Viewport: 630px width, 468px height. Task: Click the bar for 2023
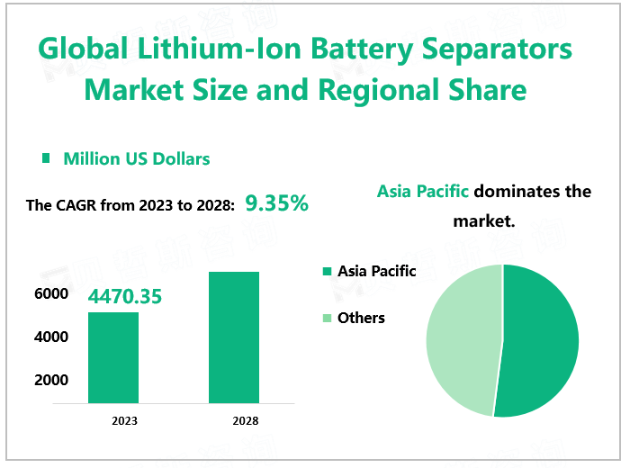pos(112,357)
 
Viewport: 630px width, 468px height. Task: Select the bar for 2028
pos(233,337)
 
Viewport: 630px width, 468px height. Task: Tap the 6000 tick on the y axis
pos(51,293)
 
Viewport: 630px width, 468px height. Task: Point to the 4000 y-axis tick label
pos(51,337)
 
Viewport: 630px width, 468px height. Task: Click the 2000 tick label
pos(51,380)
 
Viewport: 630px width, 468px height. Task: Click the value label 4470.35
pos(124,295)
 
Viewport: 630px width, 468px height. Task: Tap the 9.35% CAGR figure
pos(277,203)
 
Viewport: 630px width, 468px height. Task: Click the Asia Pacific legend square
pos(327,271)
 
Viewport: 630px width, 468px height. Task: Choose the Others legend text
pos(361,318)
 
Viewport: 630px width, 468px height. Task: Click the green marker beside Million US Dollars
pos(46,158)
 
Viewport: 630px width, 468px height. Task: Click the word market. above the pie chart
pos(484,220)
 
